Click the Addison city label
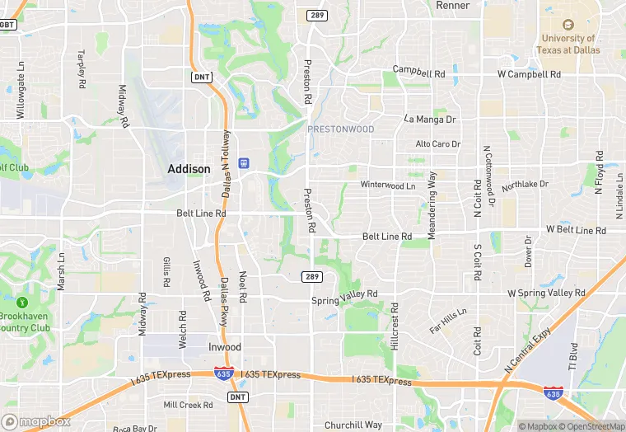click(189, 168)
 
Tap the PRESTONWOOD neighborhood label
click(340, 129)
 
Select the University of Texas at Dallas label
click(570, 44)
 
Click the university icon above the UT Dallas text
click(568, 26)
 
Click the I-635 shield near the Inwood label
click(222, 373)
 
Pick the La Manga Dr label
click(429, 119)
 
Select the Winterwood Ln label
click(388, 185)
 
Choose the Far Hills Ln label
click(448, 321)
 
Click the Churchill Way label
click(353, 425)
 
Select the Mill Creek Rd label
click(188, 405)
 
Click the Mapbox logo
click(37, 421)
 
